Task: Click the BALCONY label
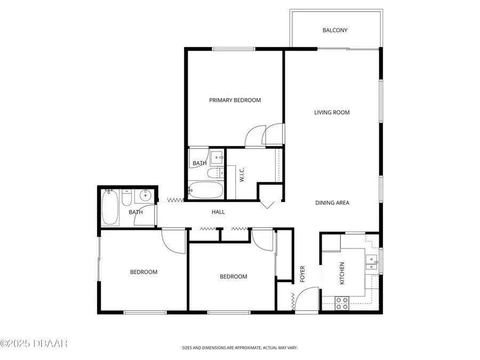pos(334,30)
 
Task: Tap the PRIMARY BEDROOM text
pos(235,100)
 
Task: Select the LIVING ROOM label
pos(331,113)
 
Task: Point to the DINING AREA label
pos(332,203)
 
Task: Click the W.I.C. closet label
pos(242,174)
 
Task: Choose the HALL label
pos(218,212)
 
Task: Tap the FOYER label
pos(302,273)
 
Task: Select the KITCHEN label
pos(342,273)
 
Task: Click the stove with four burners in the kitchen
pos(342,303)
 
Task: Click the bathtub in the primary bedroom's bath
pos(205,190)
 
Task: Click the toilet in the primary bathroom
pos(211,174)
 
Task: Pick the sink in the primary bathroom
pos(215,157)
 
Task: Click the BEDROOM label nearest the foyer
pos(234,277)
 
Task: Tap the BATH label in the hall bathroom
pos(135,212)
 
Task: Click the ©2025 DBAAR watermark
pos(34,343)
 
